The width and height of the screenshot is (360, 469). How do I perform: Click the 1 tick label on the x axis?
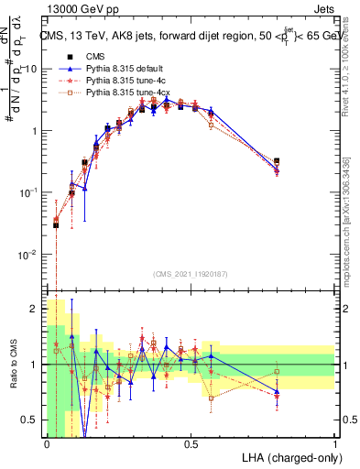334,444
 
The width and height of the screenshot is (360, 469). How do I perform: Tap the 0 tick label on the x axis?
46,444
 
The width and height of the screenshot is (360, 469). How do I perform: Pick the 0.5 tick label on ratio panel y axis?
32,420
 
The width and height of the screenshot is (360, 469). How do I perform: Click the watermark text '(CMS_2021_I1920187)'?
191,273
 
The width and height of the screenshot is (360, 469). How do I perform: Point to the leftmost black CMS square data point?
56,224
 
